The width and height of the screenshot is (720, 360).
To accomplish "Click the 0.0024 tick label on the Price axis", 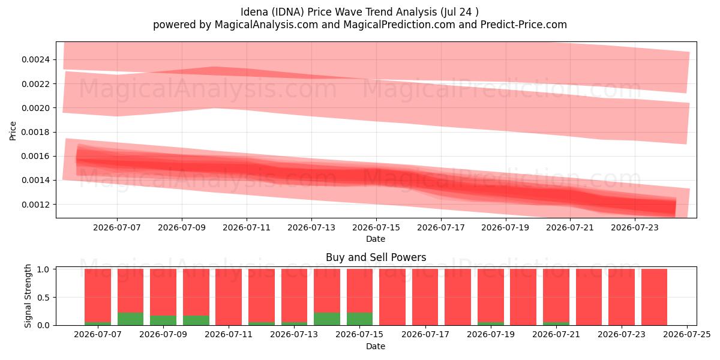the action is tap(35, 60).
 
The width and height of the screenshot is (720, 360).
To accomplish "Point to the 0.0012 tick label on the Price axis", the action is tap(35, 205).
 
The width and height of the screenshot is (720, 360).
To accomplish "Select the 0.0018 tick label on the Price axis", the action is tap(35, 132).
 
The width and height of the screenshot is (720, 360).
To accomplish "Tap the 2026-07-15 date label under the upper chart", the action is tap(376, 227).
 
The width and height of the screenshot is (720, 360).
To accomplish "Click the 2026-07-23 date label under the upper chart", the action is tap(635, 227).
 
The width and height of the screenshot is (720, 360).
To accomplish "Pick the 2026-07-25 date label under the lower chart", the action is tap(687, 335).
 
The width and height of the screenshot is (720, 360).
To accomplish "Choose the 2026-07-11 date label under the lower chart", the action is tap(229, 335).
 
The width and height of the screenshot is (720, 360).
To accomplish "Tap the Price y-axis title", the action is tap(13, 131).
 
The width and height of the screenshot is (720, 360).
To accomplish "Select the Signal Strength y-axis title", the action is tap(28, 296).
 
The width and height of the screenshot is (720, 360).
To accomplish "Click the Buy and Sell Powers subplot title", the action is tap(376, 257).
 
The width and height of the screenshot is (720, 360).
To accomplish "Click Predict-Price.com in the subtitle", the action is tap(524, 25).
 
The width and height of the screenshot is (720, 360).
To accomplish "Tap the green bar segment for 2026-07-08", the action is tap(131, 319).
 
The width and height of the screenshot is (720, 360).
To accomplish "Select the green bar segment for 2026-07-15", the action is tap(359, 319).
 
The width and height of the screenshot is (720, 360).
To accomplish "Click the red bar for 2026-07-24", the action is tap(654, 297).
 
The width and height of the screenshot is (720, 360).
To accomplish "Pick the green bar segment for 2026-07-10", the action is tap(196, 320).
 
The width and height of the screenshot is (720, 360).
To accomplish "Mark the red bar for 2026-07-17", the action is tap(425, 297).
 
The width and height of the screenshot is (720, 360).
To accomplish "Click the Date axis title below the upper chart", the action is tap(376, 239).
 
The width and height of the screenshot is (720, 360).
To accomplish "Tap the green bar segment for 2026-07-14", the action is tap(327, 319).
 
